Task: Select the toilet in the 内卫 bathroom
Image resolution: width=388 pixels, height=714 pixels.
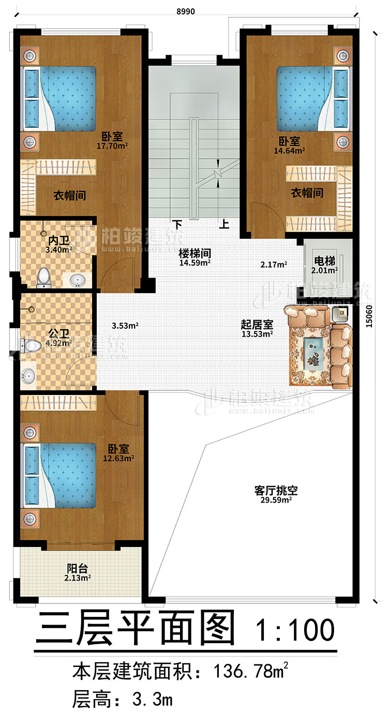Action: click(x=44, y=277)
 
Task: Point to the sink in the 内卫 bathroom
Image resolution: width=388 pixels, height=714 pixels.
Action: click(x=78, y=280)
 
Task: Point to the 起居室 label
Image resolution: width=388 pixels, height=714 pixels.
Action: click(x=257, y=325)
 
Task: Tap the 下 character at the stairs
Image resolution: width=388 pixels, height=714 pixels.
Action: click(x=177, y=224)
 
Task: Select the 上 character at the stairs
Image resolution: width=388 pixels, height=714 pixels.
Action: click(x=224, y=224)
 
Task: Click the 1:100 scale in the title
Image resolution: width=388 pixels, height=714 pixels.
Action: click(x=294, y=629)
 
